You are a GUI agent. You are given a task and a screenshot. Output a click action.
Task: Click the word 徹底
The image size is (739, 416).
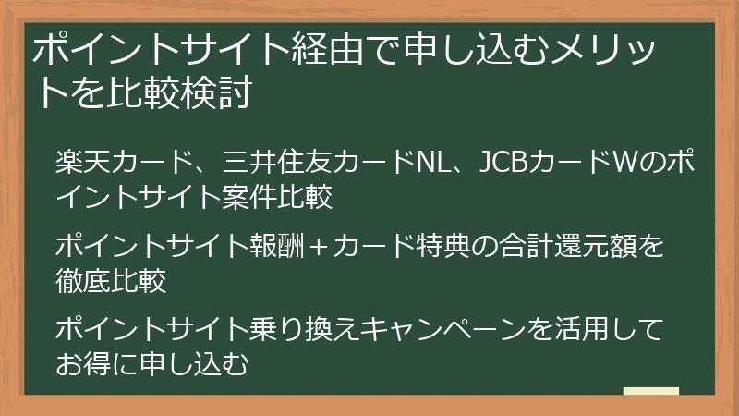82,280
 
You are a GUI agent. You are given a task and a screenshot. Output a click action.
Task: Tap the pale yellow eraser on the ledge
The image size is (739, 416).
650,392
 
